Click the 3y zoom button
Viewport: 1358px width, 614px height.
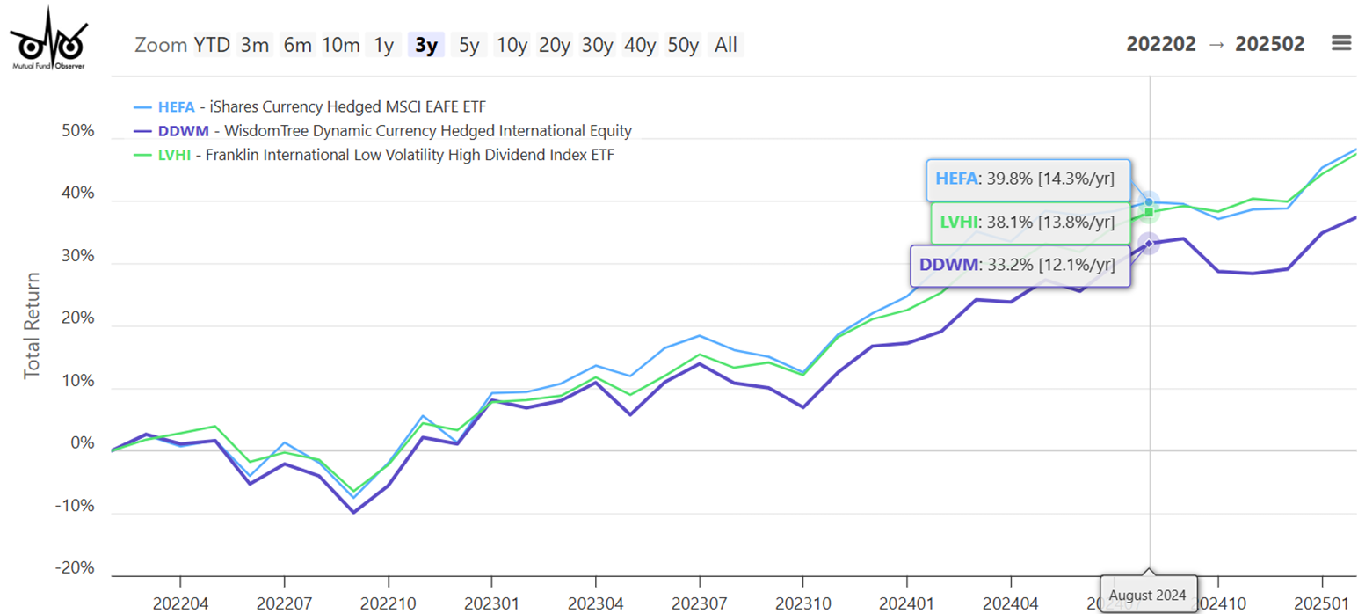426,45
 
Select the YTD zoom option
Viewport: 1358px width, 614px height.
212,45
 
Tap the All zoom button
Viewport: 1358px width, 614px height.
725,45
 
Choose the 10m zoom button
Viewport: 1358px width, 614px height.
340,45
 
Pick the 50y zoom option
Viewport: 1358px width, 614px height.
683,45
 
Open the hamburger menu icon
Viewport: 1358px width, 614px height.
1340,43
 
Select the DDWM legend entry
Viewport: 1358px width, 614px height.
382,131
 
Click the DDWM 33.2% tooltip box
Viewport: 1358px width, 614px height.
1019,264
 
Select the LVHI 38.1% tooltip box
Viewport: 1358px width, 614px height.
1030,223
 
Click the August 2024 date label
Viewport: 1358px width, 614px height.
1147,596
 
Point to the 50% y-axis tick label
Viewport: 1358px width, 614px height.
76,131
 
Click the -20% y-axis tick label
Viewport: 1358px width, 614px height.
74,568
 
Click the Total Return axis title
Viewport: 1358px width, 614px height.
33,325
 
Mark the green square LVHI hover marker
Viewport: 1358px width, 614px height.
1148,212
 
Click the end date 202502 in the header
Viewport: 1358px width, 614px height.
1269,44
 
